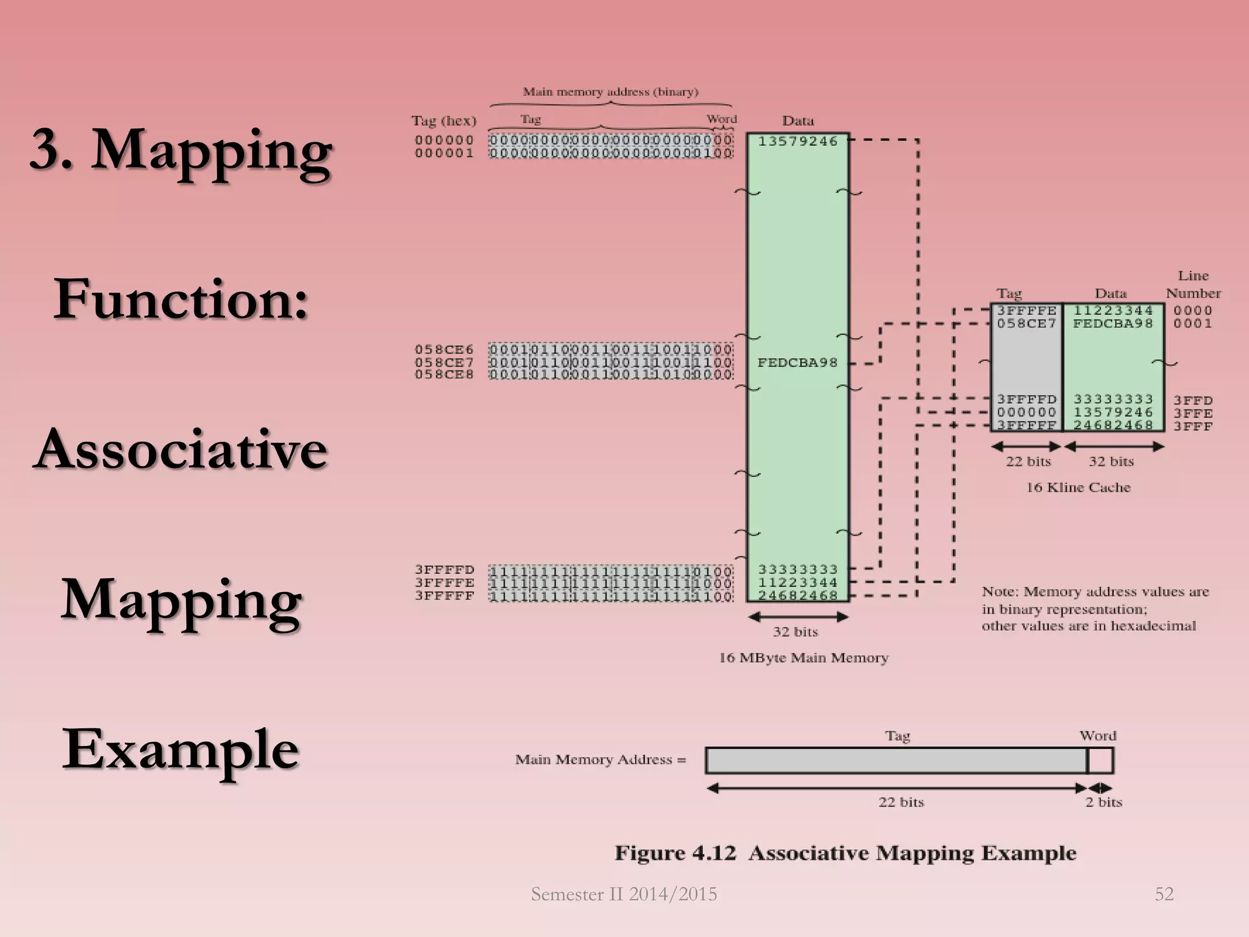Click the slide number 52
click(x=1164, y=894)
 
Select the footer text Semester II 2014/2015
click(x=624, y=894)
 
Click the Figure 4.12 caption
click(x=845, y=853)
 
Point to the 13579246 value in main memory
click(x=798, y=142)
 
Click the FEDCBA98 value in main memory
click(x=798, y=363)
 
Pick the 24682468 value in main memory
click(x=798, y=595)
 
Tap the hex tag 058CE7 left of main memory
click(x=444, y=362)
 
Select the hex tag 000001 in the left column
click(x=444, y=153)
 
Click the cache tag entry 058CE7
click(x=1026, y=323)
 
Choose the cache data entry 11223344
click(x=1113, y=311)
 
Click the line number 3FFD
click(x=1193, y=400)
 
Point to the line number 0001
click(x=1193, y=323)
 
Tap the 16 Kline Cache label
click(x=1078, y=487)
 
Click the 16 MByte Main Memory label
click(x=803, y=658)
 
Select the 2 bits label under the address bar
click(x=1104, y=802)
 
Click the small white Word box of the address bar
click(x=1100, y=761)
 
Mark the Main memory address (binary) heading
click(x=610, y=92)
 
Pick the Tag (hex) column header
click(x=444, y=121)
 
